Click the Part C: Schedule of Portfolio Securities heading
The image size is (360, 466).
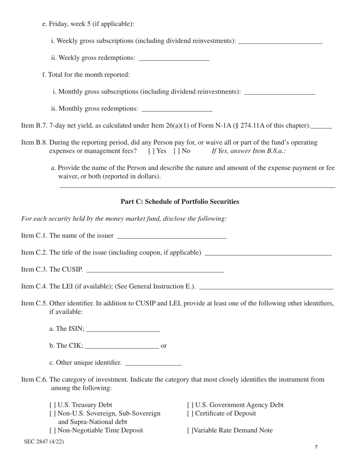pyautogui.click(x=180, y=202)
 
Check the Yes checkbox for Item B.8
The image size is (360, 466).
pyautogui.click(x=151, y=151)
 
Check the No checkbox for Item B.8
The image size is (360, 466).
pyautogui.click(x=176, y=151)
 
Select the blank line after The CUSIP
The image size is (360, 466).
pyautogui.click(x=155, y=270)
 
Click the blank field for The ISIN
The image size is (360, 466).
pyautogui.click(x=123, y=329)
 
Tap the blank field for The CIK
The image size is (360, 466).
pyautogui.click(x=122, y=346)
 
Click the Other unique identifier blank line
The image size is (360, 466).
pyautogui.click(x=153, y=363)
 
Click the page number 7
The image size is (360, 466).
pyautogui.click(x=316, y=447)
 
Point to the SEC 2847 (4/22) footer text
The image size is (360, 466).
pyautogui.click(x=44, y=441)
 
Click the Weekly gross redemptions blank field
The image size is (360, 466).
pyautogui.click(x=174, y=58)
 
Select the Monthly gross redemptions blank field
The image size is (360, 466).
pyautogui.click(x=177, y=109)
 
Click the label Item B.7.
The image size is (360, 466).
pyautogui.click(x=34, y=126)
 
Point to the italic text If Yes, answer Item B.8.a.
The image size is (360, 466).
pyautogui.click(x=249, y=151)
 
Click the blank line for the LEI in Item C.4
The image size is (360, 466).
pyautogui.click(x=266, y=287)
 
